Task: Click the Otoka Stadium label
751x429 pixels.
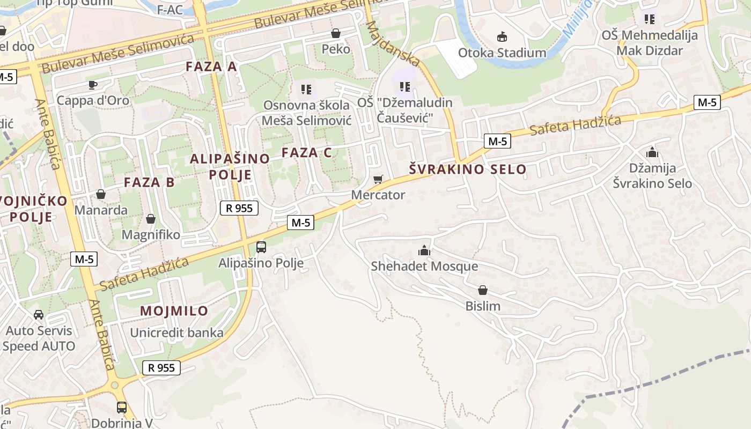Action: tap(502, 53)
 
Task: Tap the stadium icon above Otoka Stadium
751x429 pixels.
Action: tap(502, 36)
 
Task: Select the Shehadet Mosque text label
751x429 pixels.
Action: tap(424, 266)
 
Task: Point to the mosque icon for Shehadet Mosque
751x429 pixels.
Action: tap(424, 250)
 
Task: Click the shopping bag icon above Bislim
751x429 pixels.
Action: tap(482, 290)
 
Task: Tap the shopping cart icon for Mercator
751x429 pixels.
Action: tap(379, 179)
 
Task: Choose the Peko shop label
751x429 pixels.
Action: tap(336, 49)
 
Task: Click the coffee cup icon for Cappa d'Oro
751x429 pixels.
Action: tap(93, 85)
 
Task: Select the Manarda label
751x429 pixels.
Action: tap(101, 210)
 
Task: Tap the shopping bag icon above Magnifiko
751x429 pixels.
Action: tap(151, 219)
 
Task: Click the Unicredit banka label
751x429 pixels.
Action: tap(176, 332)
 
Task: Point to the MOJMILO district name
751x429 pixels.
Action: tap(174, 311)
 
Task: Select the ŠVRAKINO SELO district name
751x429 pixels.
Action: tap(467, 169)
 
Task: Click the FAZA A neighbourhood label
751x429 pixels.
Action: tap(211, 66)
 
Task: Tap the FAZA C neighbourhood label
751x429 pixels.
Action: tap(307, 152)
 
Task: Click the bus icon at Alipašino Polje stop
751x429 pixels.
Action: tap(261, 247)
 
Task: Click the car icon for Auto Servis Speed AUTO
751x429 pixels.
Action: tap(39, 315)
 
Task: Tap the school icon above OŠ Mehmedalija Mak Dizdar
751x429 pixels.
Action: tap(650, 19)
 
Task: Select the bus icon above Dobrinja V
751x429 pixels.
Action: tap(122, 408)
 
